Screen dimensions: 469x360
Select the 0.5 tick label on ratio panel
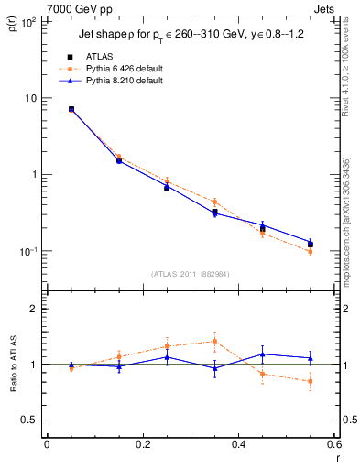(x=29, y=420)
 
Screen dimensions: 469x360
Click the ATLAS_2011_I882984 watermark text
(x=190, y=274)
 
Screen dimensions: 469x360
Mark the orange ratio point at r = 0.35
(x=214, y=341)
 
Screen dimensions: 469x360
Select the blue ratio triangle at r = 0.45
(x=262, y=354)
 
